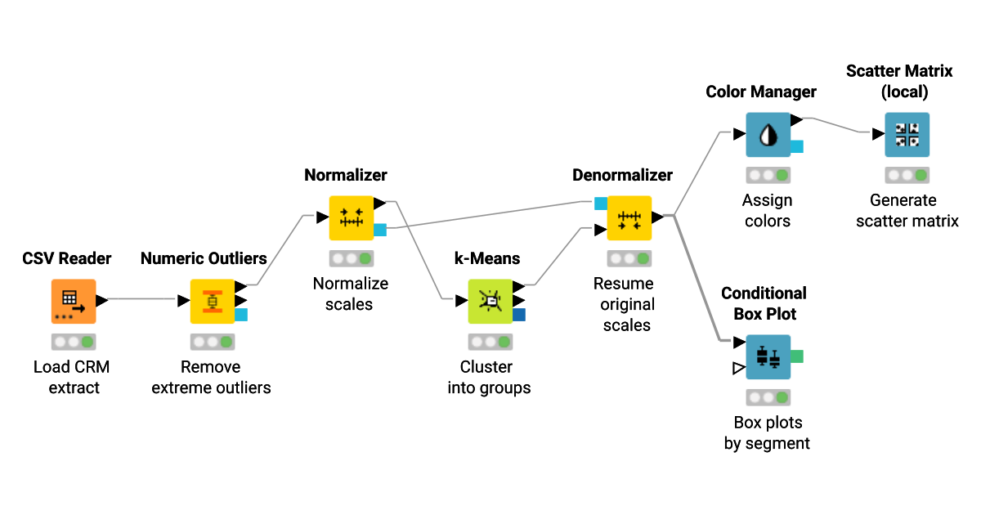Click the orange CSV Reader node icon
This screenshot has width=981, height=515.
74,301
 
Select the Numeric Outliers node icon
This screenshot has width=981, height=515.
213,301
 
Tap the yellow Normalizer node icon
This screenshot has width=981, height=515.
352,217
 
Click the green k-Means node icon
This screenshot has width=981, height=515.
490,301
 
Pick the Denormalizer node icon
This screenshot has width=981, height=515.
629,217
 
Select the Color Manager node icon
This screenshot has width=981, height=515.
768,134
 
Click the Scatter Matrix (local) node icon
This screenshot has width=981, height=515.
907,134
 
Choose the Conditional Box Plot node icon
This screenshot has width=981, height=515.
768,356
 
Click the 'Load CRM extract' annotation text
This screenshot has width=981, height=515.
72,377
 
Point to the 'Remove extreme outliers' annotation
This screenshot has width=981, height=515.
212,377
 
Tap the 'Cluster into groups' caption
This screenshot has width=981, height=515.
489,377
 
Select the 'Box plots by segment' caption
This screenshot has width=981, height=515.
767,432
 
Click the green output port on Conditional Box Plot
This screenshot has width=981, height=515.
797,356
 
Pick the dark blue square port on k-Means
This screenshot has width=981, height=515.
519,315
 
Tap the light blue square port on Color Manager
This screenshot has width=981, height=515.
797,147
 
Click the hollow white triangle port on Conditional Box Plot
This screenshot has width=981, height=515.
739,369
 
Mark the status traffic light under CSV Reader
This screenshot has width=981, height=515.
74,341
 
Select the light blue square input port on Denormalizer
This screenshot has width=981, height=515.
600,203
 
